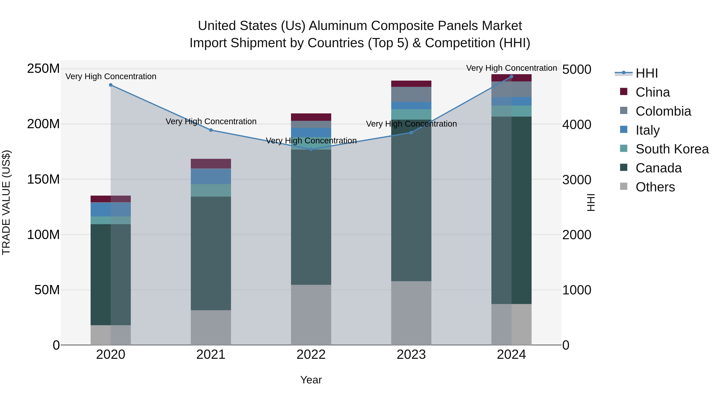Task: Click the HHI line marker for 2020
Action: [111, 85]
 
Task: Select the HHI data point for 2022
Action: [311, 149]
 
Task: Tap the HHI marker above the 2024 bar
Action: [511, 77]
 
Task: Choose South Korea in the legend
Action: [672, 149]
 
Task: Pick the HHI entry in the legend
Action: [646, 73]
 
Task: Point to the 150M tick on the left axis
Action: [43, 179]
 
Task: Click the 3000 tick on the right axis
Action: [577, 180]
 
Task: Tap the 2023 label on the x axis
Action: [411, 355]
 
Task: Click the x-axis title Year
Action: [311, 380]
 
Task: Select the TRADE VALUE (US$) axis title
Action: [6, 202]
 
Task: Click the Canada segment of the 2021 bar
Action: [211, 253]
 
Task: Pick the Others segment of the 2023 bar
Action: [411, 313]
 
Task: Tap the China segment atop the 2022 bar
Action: [311, 117]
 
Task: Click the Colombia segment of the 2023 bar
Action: [411, 94]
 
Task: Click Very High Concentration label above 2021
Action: [211, 122]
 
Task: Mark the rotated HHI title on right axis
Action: [591, 202]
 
